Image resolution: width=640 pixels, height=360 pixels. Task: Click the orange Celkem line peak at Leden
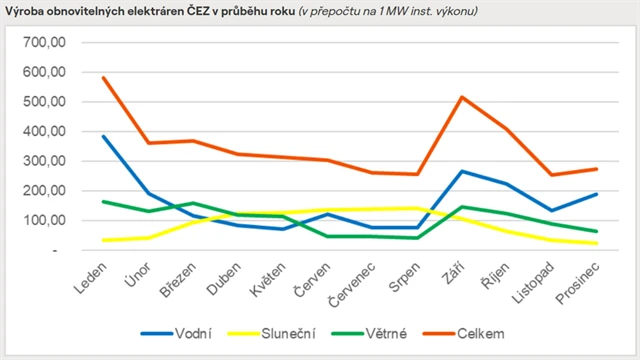click(x=103, y=78)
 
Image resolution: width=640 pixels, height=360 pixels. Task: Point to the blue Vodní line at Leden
click(x=103, y=136)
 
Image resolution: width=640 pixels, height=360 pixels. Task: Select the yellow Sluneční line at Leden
click(x=103, y=240)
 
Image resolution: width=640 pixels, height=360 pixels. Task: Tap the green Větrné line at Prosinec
click(x=596, y=231)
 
